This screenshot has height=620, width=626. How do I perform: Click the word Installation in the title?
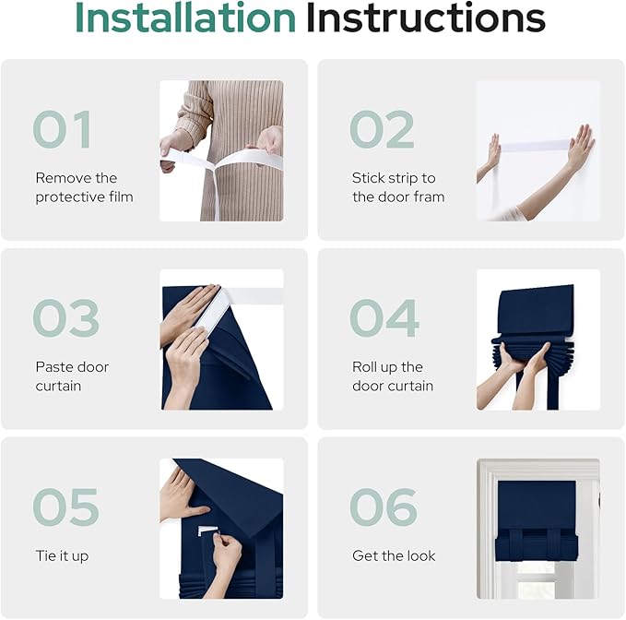(184, 18)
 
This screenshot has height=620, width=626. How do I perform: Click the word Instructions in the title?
(426, 18)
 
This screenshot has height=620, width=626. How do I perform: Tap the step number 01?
(63, 129)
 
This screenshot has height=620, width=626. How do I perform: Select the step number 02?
(382, 129)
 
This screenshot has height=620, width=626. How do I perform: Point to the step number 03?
(65, 318)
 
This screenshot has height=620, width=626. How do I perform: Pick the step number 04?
(384, 318)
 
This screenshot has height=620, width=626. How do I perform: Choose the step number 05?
(65, 507)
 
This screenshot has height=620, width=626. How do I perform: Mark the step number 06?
(384, 507)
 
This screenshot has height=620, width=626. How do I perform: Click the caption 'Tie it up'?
(62, 556)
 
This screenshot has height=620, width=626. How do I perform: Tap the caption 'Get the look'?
(394, 555)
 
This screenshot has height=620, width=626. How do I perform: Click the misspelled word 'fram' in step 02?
(429, 197)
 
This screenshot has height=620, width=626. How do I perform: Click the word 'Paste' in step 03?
(51, 366)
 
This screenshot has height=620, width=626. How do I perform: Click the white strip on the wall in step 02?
(535, 146)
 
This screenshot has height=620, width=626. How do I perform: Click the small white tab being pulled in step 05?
(207, 531)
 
